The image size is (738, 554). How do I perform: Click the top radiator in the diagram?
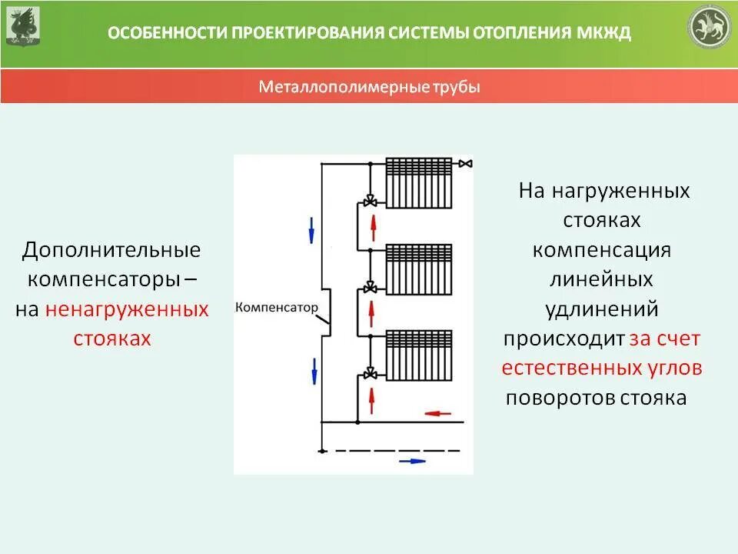click(419, 182)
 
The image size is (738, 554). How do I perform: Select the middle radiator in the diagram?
click(419, 269)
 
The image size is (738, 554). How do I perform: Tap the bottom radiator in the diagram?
click(419, 355)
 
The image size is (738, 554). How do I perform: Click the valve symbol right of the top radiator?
click(466, 163)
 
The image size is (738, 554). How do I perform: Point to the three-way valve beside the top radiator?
click(370, 202)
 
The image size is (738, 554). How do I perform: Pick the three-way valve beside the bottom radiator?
click(370, 374)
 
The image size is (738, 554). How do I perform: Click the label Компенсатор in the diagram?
click(276, 306)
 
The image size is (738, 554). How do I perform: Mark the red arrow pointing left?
click(438, 413)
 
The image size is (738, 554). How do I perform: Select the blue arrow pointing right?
click(412, 461)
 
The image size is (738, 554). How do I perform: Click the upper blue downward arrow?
click(312, 229)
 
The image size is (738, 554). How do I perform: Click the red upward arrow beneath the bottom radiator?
click(373, 398)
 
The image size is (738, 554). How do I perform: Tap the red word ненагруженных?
click(127, 309)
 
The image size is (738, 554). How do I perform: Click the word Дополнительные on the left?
click(111, 250)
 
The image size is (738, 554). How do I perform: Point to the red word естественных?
click(569, 368)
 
